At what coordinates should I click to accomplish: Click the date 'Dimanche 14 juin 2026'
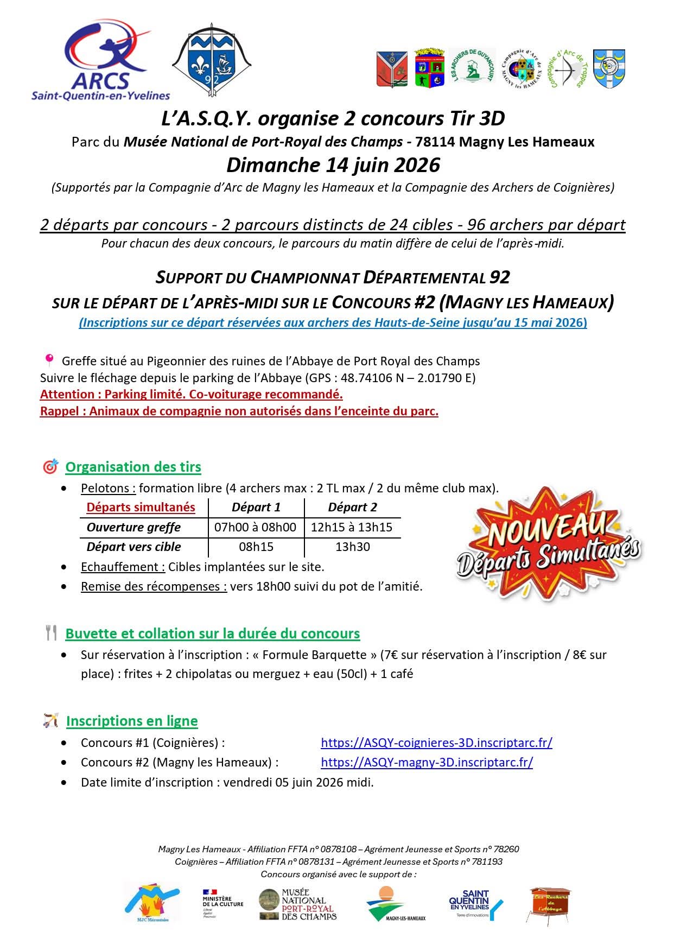[x=333, y=165]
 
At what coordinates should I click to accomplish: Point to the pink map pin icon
[x=49, y=360]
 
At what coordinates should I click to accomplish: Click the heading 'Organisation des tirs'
[x=133, y=467]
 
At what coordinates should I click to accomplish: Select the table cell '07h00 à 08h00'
[x=256, y=527]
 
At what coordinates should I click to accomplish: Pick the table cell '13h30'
[x=353, y=547]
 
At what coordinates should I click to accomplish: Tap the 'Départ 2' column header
[x=353, y=507]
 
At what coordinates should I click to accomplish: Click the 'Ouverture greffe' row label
[x=133, y=527]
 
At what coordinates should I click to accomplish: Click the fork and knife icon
[x=52, y=633]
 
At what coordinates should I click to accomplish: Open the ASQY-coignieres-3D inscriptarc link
[x=436, y=743]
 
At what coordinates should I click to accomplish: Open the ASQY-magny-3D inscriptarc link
[x=427, y=762]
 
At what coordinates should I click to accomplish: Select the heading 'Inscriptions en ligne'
[x=132, y=721]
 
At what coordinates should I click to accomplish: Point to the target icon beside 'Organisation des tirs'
[x=50, y=466]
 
